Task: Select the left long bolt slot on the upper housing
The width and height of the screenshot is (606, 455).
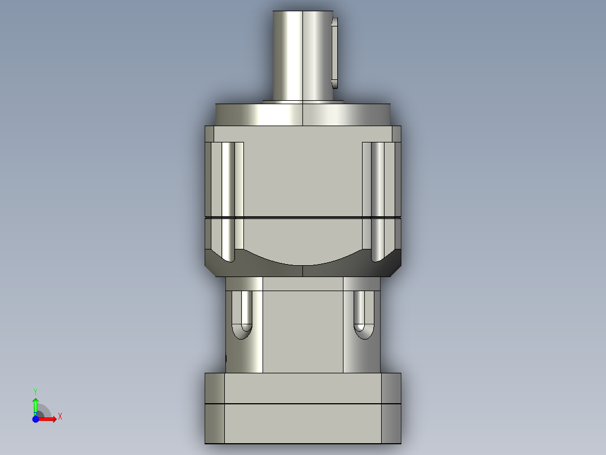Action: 228,200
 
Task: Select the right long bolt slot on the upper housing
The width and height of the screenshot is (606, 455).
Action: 377,200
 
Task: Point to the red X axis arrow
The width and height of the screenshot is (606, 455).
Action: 48,419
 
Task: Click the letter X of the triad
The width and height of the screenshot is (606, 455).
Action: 60,417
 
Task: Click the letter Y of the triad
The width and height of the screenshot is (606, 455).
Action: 35,391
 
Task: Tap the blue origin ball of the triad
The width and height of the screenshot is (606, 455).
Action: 35,419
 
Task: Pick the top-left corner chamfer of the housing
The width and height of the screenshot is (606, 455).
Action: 209,134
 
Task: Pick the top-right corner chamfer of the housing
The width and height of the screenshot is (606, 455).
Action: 396,134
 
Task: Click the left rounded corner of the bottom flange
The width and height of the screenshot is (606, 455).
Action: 214,408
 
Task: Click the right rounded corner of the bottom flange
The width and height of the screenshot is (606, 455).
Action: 391,408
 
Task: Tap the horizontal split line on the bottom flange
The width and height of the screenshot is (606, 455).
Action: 302,404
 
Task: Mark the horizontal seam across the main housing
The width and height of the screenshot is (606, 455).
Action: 302,217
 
